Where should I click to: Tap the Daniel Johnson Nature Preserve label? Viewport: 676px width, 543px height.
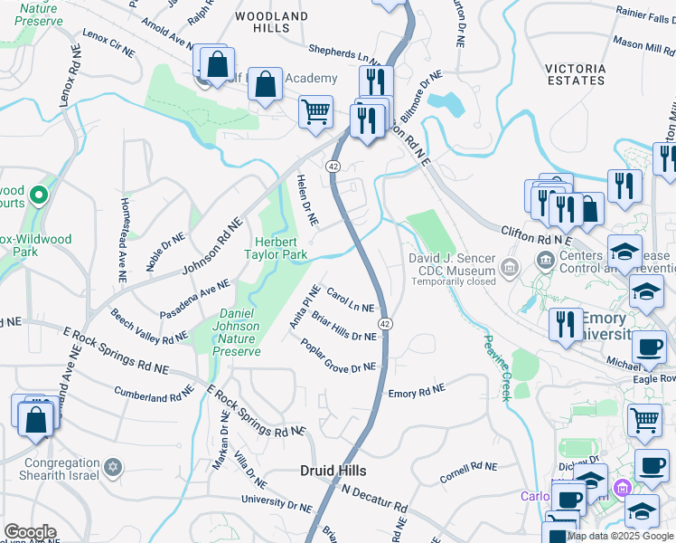click(x=239, y=332)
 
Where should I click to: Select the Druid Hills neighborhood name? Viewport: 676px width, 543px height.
click(x=333, y=471)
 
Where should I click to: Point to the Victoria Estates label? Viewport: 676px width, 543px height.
click(x=576, y=74)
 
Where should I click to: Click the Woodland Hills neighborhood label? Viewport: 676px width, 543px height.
click(x=271, y=23)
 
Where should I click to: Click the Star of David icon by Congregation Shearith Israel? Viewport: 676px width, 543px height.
click(x=113, y=466)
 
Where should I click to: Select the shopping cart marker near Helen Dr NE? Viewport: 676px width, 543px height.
click(x=315, y=112)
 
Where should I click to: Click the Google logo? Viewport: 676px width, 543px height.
click(x=30, y=532)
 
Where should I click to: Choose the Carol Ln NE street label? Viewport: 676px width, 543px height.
click(x=350, y=300)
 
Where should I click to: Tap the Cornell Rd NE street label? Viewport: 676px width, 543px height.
click(x=469, y=472)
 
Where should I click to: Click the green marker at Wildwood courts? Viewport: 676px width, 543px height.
click(x=38, y=195)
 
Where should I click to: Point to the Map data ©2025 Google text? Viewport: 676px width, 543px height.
click(x=620, y=536)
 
